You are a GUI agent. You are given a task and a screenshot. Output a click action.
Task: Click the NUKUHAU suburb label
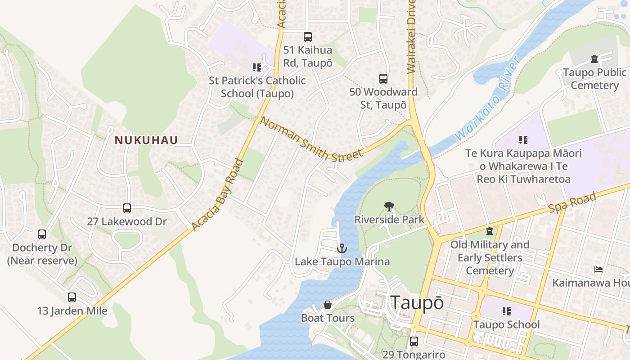click(146, 140)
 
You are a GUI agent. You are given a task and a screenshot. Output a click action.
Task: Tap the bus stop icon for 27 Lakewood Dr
click(127, 208)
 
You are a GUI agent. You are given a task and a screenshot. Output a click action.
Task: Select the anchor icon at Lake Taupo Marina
click(342, 248)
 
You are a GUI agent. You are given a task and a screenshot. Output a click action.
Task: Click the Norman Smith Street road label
click(311, 139)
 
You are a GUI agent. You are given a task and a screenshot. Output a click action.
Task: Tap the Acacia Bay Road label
click(218, 195)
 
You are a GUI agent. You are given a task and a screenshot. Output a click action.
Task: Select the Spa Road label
click(572, 203)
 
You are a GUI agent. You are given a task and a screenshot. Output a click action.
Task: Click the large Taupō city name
click(417, 303)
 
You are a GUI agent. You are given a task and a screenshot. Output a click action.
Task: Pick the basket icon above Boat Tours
click(328, 305)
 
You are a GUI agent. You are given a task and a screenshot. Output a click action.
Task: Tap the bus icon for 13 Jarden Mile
click(72, 297)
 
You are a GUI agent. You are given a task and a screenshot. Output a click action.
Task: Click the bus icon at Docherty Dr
click(42, 234)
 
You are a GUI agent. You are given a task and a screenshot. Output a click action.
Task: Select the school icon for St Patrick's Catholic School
click(257, 67)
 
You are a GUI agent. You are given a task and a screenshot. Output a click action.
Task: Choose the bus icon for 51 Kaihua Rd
click(308, 37)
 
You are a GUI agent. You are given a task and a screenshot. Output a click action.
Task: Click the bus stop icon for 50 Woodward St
click(383, 79)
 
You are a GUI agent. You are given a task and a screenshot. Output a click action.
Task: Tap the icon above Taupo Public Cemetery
click(594, 59)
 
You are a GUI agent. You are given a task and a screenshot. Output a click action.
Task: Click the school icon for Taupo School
click(507, 311)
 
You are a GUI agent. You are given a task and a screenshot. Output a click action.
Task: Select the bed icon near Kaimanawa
click(598, 270)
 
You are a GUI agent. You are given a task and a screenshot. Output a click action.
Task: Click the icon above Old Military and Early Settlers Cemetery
click(490, 231)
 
